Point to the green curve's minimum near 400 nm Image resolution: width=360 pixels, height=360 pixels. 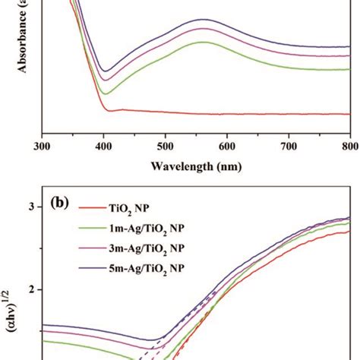[x=106, y=93]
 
